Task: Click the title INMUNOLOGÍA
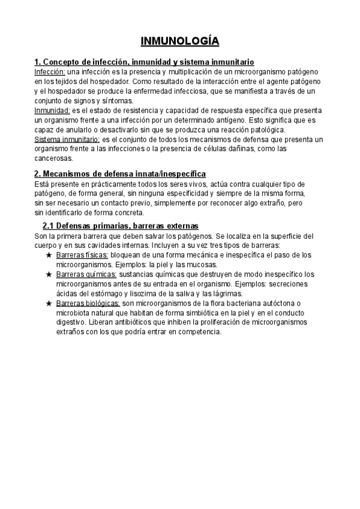coord(179,41)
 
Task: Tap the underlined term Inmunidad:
coord(52,110)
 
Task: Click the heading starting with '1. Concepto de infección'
coord(144,62)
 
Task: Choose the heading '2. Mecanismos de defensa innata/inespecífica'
coord(120,173)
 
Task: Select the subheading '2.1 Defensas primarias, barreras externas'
coord(120,226)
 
